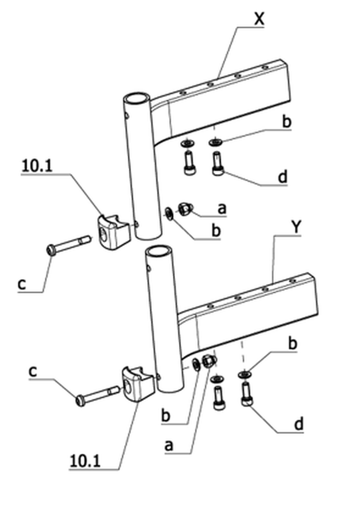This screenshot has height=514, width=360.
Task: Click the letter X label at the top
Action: (259, 19)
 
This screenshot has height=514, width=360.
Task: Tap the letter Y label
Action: (296, 227)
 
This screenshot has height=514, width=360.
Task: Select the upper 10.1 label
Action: (37, 166)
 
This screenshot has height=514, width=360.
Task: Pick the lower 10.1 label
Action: (85, 462)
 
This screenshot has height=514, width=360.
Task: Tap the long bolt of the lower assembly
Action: (97, 395)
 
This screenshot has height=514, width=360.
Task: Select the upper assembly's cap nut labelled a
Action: (185, 209)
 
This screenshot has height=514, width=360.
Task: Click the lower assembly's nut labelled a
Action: (209, 361)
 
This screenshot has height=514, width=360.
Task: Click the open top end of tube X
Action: (136, 98)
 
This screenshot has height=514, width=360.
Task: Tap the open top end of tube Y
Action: (159, 252)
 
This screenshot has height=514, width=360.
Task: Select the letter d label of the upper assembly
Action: (283, 177)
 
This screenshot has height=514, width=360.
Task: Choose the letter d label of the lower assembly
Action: (299, 424)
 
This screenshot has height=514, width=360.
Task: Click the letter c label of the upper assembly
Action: (21, 284)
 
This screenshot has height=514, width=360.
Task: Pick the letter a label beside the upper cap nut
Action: (222, 209)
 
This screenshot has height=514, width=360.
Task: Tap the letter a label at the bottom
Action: (168, 446)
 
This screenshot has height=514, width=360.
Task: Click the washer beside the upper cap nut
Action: (169, 214)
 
